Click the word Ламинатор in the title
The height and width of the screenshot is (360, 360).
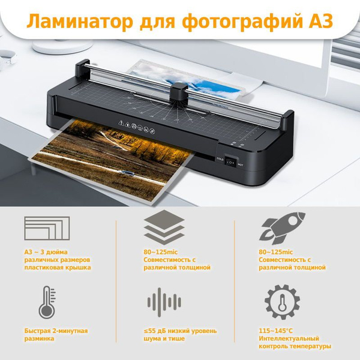[80, 22]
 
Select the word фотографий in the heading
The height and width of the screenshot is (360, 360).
[242, 22]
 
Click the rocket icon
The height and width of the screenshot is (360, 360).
[282, 228]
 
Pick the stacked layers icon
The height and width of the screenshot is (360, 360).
[164, 227]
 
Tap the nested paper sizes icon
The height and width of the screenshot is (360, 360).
[47, 228]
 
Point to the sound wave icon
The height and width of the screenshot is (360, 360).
[164, 302]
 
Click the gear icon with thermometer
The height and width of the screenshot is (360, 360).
[282, 302]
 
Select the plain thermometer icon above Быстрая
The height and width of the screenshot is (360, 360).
[47, 302]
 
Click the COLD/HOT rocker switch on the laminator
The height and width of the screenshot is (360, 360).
[230, 162]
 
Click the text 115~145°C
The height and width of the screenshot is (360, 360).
[276, 331]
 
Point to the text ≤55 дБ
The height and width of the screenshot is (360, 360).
[155, 331]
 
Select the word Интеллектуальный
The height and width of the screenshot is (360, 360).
[289, 338]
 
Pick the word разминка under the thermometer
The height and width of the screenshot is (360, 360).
[39, 339]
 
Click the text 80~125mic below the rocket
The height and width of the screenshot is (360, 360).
[276, 252]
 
